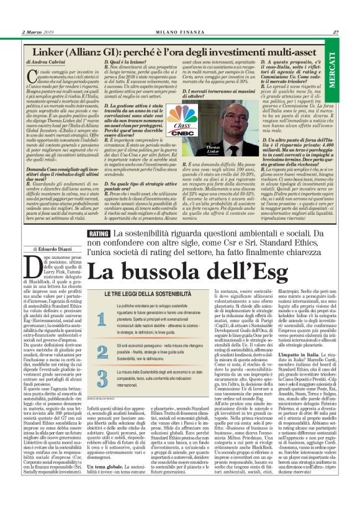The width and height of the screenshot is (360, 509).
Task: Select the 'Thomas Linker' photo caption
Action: click(x=214, y=148)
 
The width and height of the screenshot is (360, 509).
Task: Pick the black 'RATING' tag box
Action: click(x=100, y=234)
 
